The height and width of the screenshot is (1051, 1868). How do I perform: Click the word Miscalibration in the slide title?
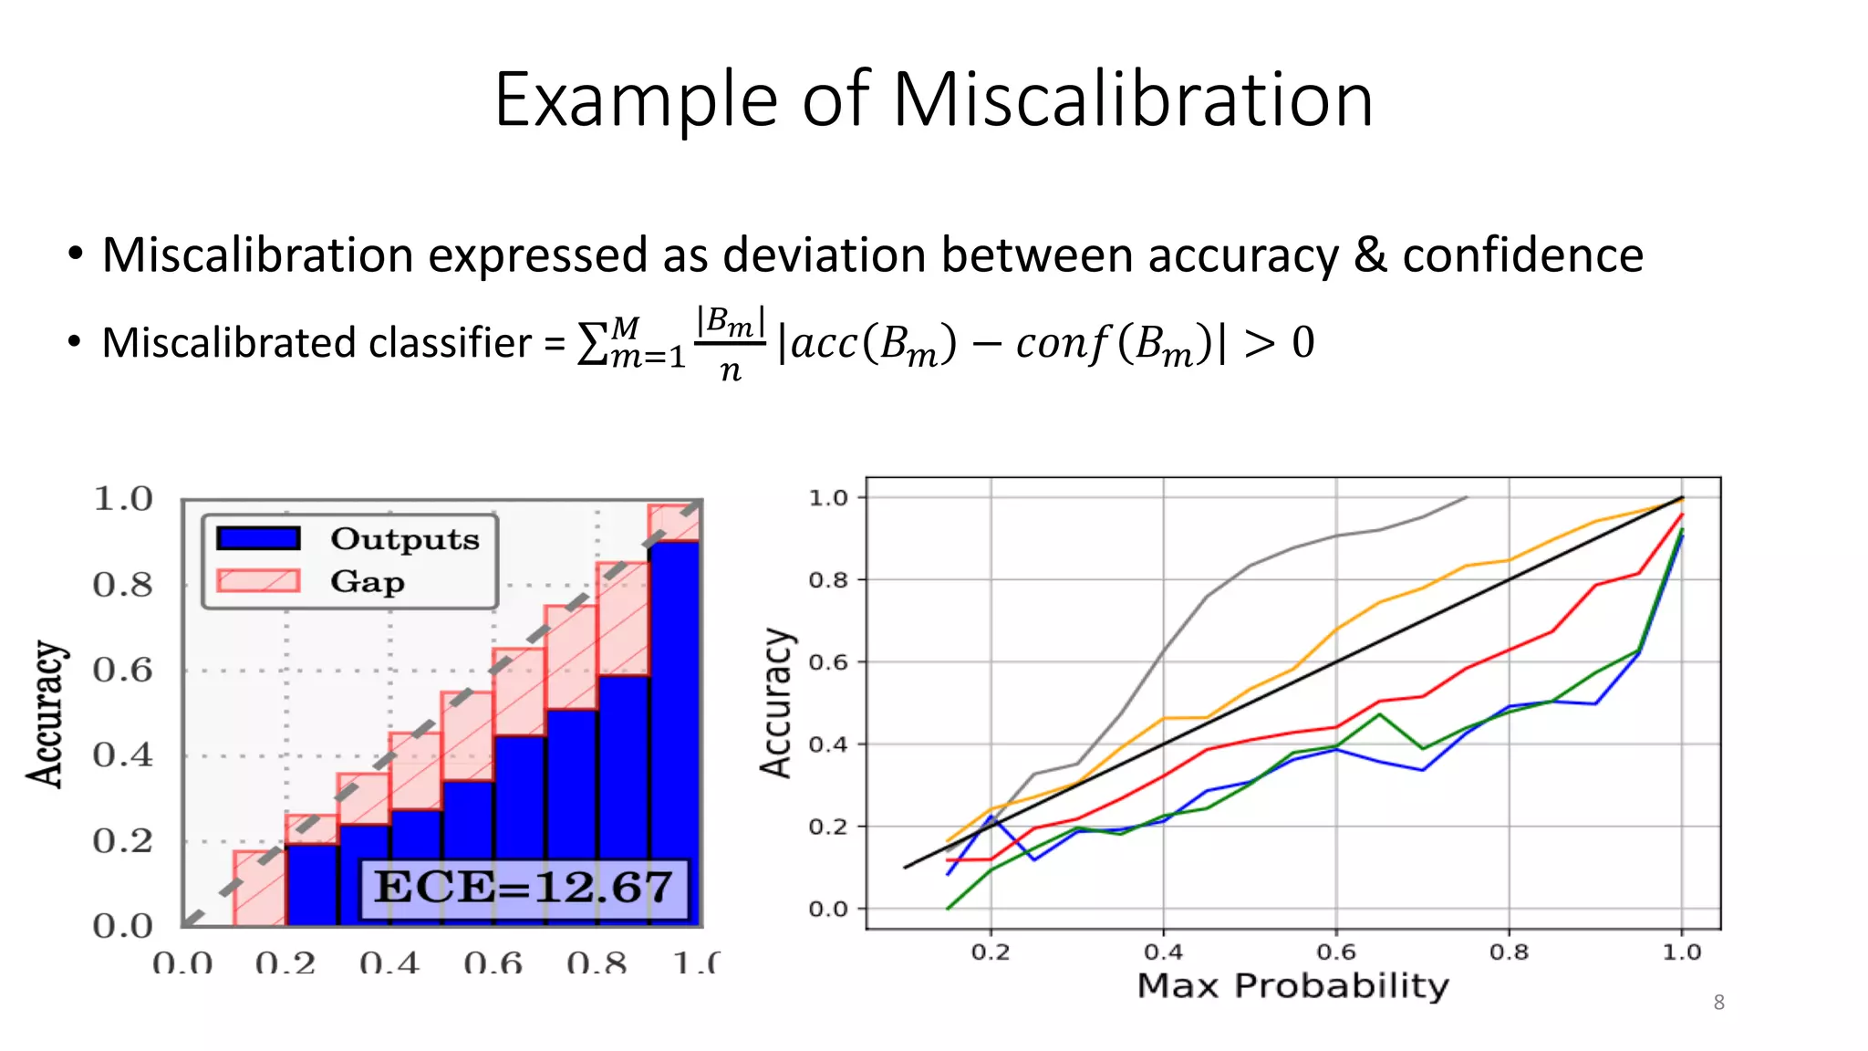(x=1132, y=100)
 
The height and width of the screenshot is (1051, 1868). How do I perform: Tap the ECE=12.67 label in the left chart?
(x=524, y=887)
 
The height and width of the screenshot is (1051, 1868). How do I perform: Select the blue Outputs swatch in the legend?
(x=258, y=538)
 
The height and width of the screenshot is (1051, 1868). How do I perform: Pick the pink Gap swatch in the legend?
(x=258, y=581)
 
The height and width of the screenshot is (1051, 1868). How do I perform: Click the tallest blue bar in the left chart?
(x=674, y=730)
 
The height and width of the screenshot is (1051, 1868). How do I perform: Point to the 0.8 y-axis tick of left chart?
(x=122, y=584)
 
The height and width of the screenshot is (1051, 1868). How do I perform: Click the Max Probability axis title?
(x=1292, y=986)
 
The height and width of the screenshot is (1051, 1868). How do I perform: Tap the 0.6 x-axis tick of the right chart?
(x=1335, y=952)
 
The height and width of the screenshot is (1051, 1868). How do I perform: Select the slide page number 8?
(x=1718, y=1003)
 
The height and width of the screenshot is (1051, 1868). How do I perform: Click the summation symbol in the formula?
(x=593, y=344)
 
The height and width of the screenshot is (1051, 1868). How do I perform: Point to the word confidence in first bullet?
(x=1522, y=255)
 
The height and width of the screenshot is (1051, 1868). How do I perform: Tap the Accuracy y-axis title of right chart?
(x=776, y=702)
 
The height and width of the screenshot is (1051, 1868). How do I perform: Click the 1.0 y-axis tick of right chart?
(x=828, y=498)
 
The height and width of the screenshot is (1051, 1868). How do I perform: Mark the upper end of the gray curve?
(x=1465, y=497)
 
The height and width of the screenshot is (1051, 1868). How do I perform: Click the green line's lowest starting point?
(x=949, y=908)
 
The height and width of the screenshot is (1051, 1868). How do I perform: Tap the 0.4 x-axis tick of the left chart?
(x=389, y=963)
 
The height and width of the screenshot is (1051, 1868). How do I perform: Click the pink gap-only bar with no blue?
(x=260, y=889)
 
